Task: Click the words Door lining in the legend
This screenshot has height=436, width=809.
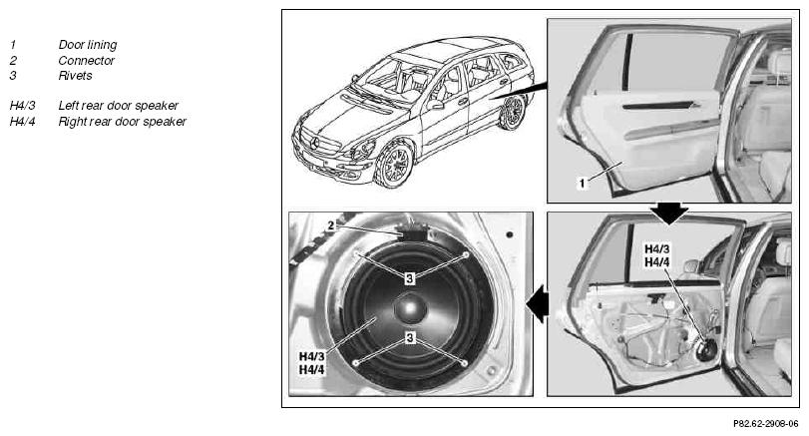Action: click(87, 45)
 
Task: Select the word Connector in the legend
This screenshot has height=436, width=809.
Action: click(86, 61)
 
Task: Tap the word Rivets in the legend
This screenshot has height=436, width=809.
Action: click(75, 76)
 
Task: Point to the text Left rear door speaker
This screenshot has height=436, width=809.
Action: click(118, 106)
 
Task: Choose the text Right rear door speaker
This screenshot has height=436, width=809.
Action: click(123, 122)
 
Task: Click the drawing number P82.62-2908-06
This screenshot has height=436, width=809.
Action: click(766, 424)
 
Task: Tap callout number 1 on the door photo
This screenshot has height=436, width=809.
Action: click(582, 183)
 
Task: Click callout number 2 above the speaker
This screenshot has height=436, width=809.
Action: click(331, 225)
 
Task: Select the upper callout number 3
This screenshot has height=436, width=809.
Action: click(410, 278)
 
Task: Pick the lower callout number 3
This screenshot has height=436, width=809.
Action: click(410, 337)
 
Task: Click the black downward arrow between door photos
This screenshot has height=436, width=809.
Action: click(668, 214)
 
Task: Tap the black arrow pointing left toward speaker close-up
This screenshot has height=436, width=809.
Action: click(537, 304)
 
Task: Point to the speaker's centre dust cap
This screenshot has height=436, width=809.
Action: click(410, 308)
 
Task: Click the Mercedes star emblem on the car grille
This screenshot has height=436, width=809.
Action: click(313, 143)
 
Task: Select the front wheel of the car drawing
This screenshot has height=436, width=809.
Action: click(394, 165)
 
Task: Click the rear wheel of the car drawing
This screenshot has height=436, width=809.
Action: click(513, 112)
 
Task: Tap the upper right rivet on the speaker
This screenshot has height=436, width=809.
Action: click(466, 254)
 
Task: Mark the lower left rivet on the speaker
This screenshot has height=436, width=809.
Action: click(355, 363)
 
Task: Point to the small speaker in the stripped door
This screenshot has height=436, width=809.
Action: click(707, 350)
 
